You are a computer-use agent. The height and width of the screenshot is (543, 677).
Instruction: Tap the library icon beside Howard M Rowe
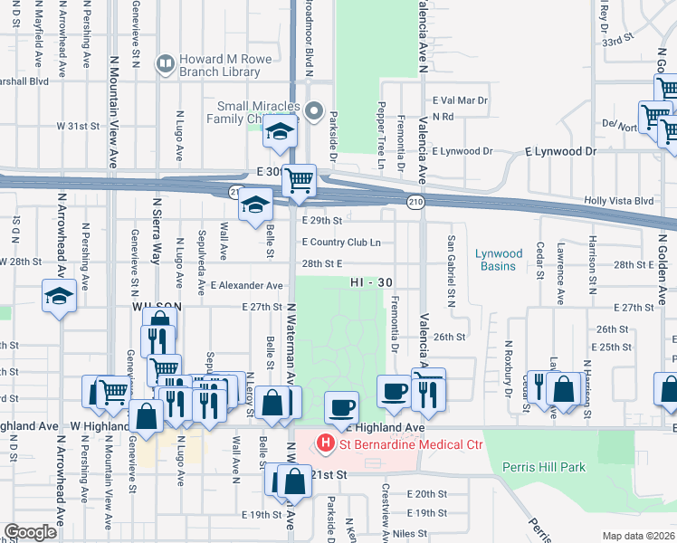tap(165, 62)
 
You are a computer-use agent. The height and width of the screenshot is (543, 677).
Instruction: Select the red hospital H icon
tap(325, 443)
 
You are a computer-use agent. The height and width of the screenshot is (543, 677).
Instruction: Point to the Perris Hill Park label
tap(544, 467)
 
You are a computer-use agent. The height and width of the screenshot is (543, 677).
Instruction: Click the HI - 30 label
tap(371, 282)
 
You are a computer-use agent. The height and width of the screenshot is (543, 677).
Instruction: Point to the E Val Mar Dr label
tap(461, 100)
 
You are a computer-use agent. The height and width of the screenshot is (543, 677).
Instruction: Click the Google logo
tap(31, 532)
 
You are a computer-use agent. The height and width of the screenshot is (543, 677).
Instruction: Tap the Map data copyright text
tap(639, 536)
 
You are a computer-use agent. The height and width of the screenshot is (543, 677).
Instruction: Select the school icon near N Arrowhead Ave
tap(60, 298)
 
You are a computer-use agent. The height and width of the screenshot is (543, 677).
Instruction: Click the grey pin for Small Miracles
tap(314, 111)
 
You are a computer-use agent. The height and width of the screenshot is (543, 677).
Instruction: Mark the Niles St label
tap(409, 534)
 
